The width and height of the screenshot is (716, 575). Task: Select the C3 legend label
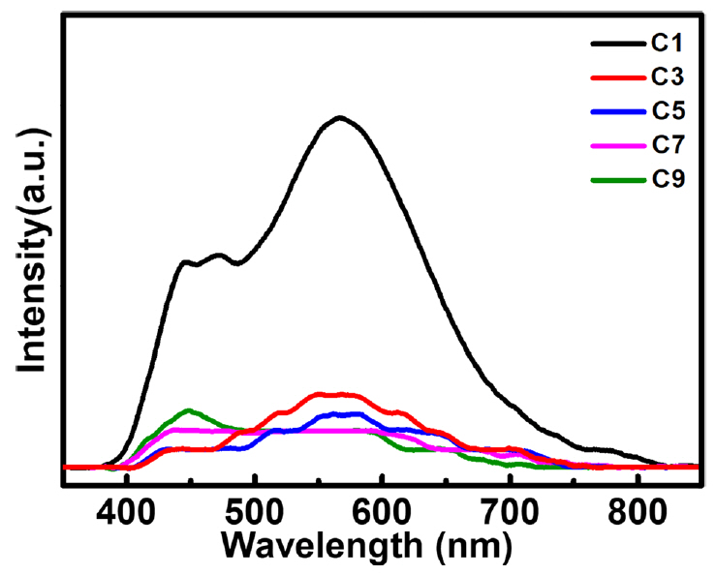pyautogui.click(x=668, y=77)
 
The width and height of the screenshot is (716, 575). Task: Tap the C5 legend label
pyautogui.click(x=668, y=111)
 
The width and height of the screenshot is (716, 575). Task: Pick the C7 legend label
pyautogui.click(x=668, y=145)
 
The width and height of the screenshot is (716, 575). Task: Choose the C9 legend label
pyautogui.click(x=668, y=179)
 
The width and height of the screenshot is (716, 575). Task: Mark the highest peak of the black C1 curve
pyautogui.click(x=339, y=118)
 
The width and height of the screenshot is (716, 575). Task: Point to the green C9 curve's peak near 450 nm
pyautogui.click(x=188, y=410)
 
